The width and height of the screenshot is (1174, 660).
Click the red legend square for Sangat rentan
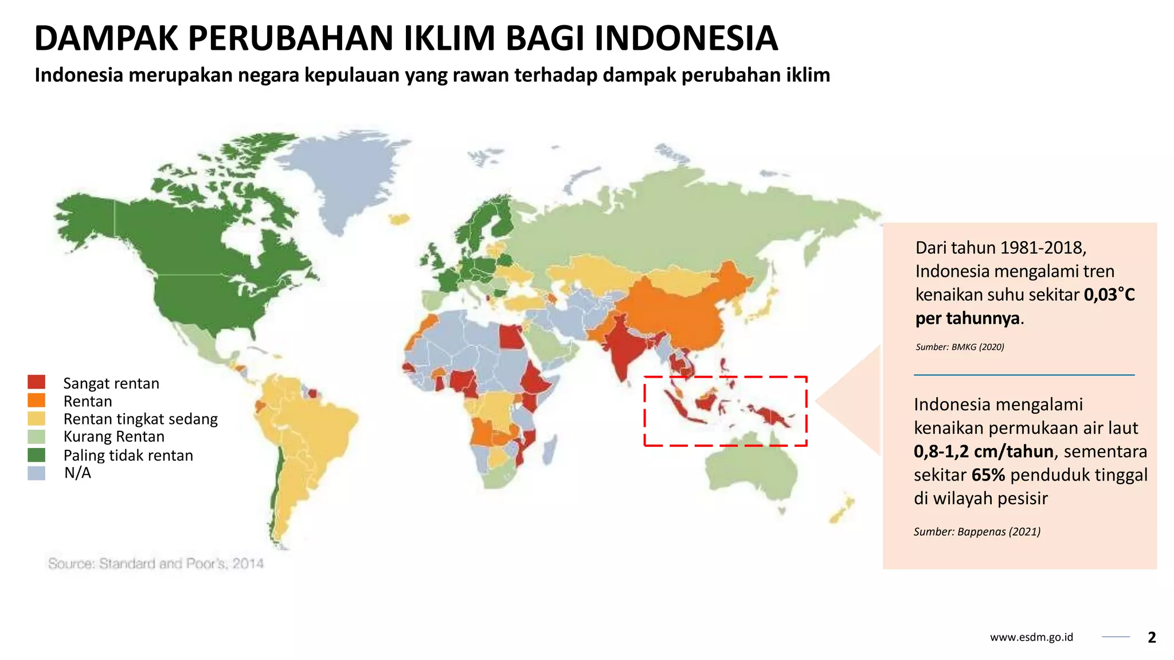point(36,382)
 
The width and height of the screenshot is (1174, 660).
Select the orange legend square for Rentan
point(36,400)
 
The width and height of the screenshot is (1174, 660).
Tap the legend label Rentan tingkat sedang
point(140,419)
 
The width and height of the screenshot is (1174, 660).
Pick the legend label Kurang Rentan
point(114,437)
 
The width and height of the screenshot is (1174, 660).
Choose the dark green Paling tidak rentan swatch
point(36,455)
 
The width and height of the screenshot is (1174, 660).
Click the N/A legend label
point(77,473)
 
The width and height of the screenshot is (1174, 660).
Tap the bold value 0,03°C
point(1109,294)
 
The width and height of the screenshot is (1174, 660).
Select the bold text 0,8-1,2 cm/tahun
point(983,451)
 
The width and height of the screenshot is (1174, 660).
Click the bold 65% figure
point(988,475)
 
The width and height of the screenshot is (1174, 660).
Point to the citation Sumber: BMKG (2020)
point(960,347)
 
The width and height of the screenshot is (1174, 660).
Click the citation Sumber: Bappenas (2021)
point(977,532)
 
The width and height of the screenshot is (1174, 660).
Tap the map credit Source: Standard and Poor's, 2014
point(155,564)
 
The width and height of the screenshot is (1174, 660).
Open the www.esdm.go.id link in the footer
point(1031,637)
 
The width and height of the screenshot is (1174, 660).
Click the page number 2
point(1152,637)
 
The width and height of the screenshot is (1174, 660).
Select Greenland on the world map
point(350,172)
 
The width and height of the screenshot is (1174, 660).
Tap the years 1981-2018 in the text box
point(1042,247)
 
